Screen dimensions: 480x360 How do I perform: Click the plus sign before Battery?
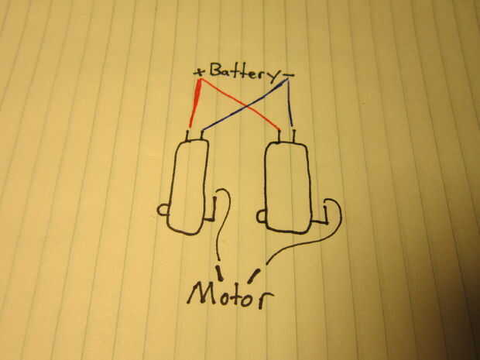(x=200, y=72)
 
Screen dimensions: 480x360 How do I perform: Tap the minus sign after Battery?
(x=290, y=75)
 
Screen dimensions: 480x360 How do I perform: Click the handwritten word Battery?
(x=242, y=73)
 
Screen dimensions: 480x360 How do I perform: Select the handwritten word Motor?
(x=230, y=294)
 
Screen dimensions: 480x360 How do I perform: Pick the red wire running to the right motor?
(x=255, y=112)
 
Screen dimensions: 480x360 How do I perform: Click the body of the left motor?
(x=187, y=186)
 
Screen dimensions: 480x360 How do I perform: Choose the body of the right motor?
(x=288, y=186)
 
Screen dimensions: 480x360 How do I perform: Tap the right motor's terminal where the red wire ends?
(x=279, y=136)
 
